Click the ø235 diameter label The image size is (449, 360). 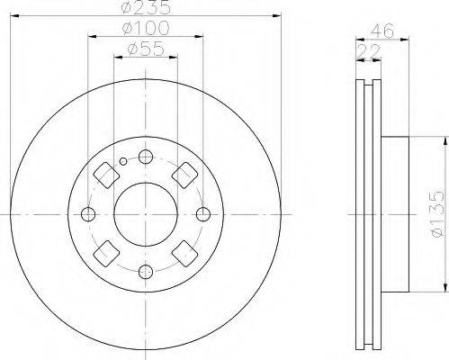[x=147, y=7]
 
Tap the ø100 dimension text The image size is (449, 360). [x=146, y=28]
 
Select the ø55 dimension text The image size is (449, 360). [x=146, y=49]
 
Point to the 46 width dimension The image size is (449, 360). [x=382, y=31]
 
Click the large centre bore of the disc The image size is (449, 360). [x=146, y=215]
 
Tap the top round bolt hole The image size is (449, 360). [x=146, y=157]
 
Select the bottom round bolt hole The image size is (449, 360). [x=146, y=272]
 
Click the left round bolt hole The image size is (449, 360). [x=88, y=214]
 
